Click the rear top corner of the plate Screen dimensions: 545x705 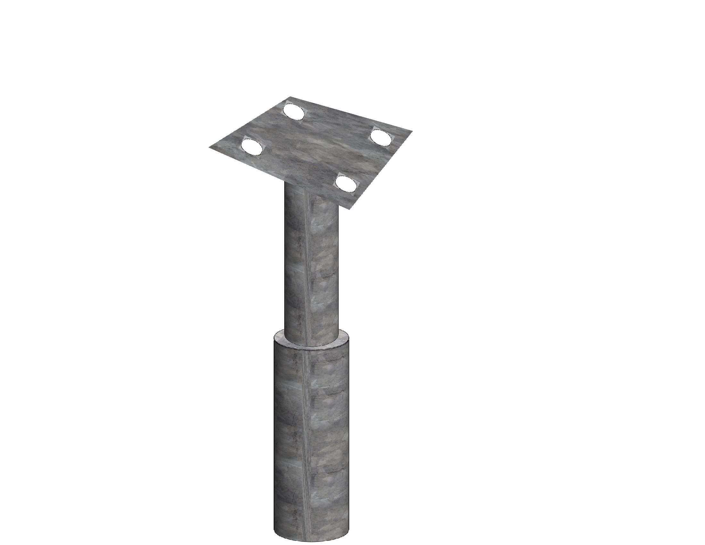(290, 97)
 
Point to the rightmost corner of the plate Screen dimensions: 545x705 (412, 131)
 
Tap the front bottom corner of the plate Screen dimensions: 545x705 (352, 209)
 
